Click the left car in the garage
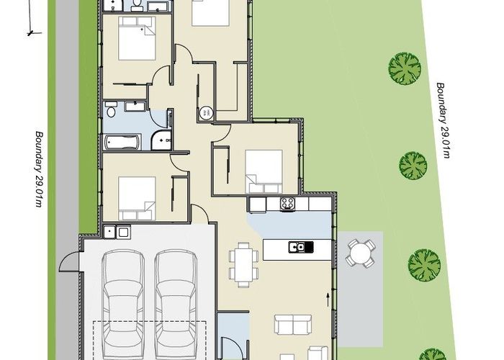125,299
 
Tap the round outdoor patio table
359,253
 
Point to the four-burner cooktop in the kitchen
288,204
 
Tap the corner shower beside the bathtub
161,140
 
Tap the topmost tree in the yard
404,68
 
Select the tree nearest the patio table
424,264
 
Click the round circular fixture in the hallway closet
207,112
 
